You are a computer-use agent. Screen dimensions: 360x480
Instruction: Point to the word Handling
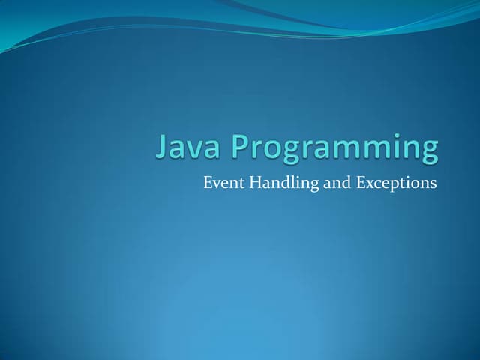[283, 183]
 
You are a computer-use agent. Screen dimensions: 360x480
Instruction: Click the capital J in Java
[160, 147]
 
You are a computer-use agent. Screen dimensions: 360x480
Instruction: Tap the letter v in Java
[191, 149]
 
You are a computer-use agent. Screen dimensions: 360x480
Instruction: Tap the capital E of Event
[208, 182]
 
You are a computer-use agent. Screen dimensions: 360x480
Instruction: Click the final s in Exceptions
[432, 184]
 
